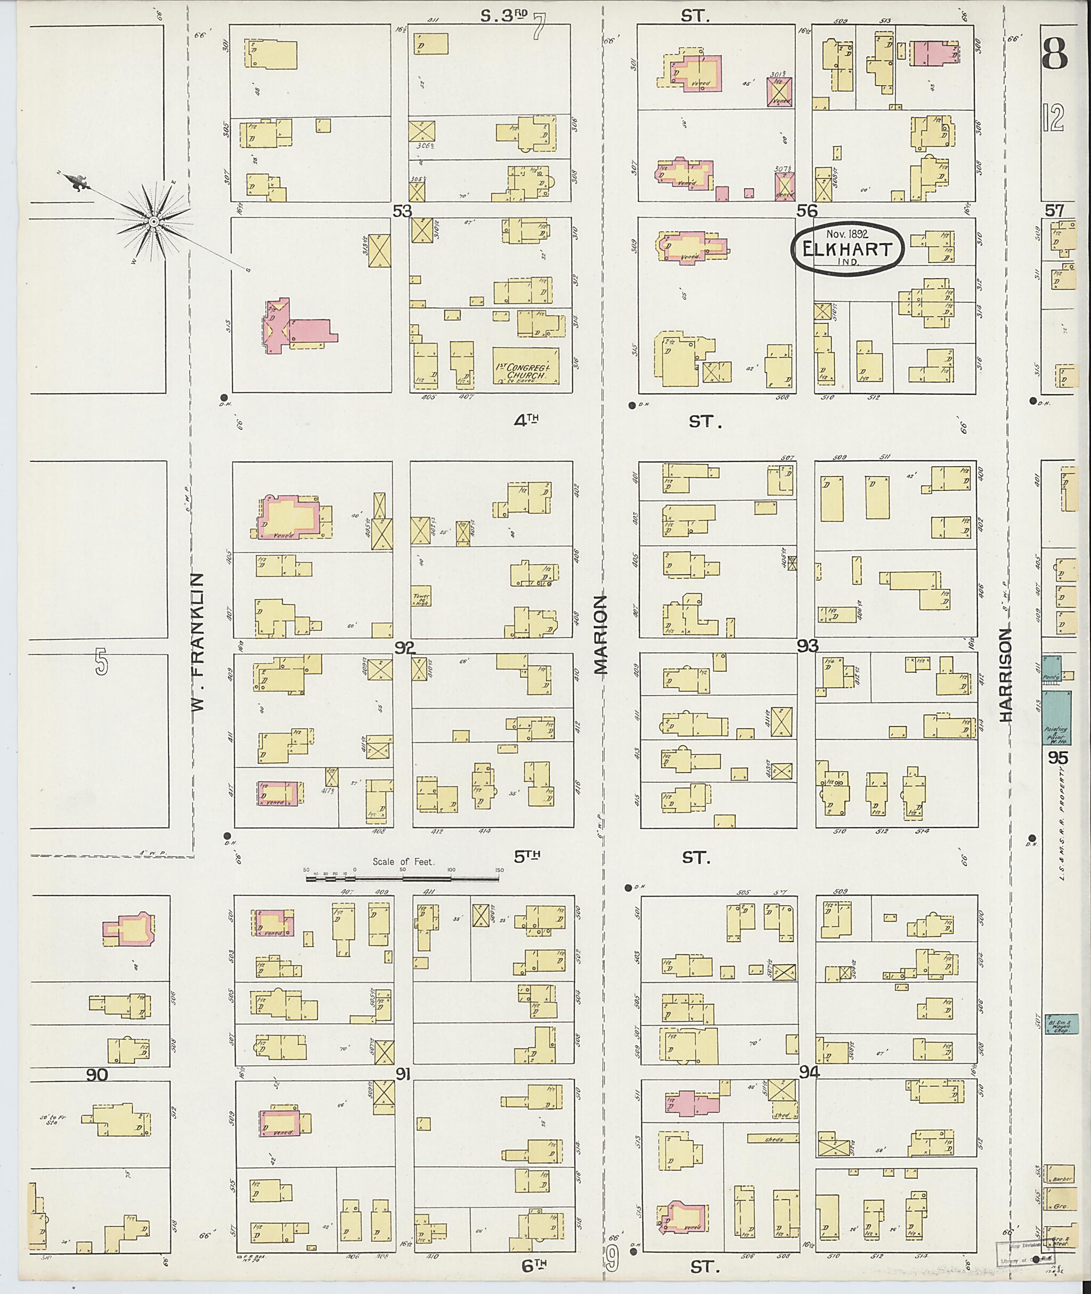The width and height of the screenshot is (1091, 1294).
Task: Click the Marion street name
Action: [601, 634]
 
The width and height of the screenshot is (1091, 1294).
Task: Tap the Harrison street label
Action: [1006, 675]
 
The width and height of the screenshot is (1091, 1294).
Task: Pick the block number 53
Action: [402, 211]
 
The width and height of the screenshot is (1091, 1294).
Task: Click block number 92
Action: [404, 648]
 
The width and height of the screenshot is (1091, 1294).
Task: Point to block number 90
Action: [97, 1075]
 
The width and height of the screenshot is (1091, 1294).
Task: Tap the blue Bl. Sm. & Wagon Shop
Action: [1061, 1023]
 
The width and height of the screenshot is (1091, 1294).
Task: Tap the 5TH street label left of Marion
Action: [527, 856]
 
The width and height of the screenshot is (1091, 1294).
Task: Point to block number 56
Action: [807, 211]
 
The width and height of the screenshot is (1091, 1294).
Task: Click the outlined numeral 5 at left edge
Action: [101, 664]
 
